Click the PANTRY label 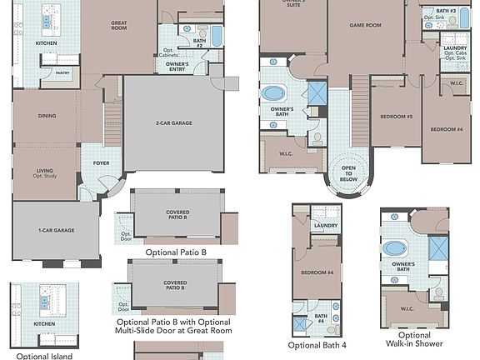point(62,73)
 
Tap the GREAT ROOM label point(118,27)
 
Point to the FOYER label point(101,162)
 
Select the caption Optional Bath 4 point(317,345)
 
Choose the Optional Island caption point(44,356)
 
